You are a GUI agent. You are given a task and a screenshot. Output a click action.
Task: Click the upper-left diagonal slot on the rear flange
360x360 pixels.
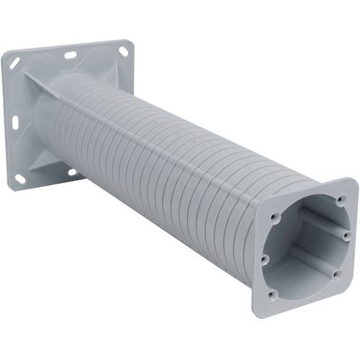pyautogui.click(x=15, y=64)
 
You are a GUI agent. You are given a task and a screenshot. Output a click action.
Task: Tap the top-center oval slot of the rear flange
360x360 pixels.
pyautogui.click(x=71, y=54)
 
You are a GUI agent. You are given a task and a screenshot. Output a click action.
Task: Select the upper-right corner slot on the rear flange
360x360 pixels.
pyautogui.click(x=123, y=51)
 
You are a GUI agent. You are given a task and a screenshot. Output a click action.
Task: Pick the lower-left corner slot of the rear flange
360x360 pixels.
pyautogui.click(x=20, y=178)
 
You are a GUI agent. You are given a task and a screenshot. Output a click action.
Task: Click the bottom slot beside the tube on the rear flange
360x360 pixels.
pyautogui.click(x=72, y=171)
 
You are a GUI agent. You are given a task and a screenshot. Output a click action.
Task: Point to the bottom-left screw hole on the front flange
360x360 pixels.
pyautogui.click(x=271, y=294)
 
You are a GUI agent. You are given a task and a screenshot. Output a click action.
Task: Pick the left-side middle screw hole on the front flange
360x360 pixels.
pyautogui.click(x=264, y=258)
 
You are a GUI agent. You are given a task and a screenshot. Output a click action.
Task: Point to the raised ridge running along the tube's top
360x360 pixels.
pyautogui.click(x=180, y=122)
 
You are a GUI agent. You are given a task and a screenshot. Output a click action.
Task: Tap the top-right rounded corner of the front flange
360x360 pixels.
pyautogui.click(x=351, y=184)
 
